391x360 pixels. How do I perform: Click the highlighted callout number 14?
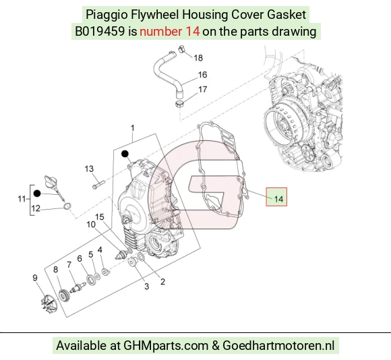coord(278,199)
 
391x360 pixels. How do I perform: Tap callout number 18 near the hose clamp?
coord(198,58)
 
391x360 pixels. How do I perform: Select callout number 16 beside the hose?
coord(202,75)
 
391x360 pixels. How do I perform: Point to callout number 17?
coord(202,89)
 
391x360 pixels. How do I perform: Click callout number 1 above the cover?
coord(133,128)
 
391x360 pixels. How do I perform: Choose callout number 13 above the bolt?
coord(89,169)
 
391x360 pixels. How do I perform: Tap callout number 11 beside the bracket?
coord(22,199)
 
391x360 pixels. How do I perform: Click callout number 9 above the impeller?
coord(35,278)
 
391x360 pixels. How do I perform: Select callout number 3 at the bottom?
coord(147,287)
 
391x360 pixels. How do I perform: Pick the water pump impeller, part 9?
coord(49,303)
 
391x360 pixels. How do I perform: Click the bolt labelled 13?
coord(98,185)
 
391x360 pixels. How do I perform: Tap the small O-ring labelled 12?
coord(67,206)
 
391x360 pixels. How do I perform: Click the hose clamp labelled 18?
coord(182,49)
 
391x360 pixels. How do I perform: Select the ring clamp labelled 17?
coord(179,103)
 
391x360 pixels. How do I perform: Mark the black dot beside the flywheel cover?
coord(125,154)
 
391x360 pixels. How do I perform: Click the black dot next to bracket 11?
coord(37,193)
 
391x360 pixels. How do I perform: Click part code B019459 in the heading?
coord(100,32)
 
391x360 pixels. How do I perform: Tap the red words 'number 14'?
coord(170,32)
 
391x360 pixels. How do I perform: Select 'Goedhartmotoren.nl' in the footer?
coord(278,346)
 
